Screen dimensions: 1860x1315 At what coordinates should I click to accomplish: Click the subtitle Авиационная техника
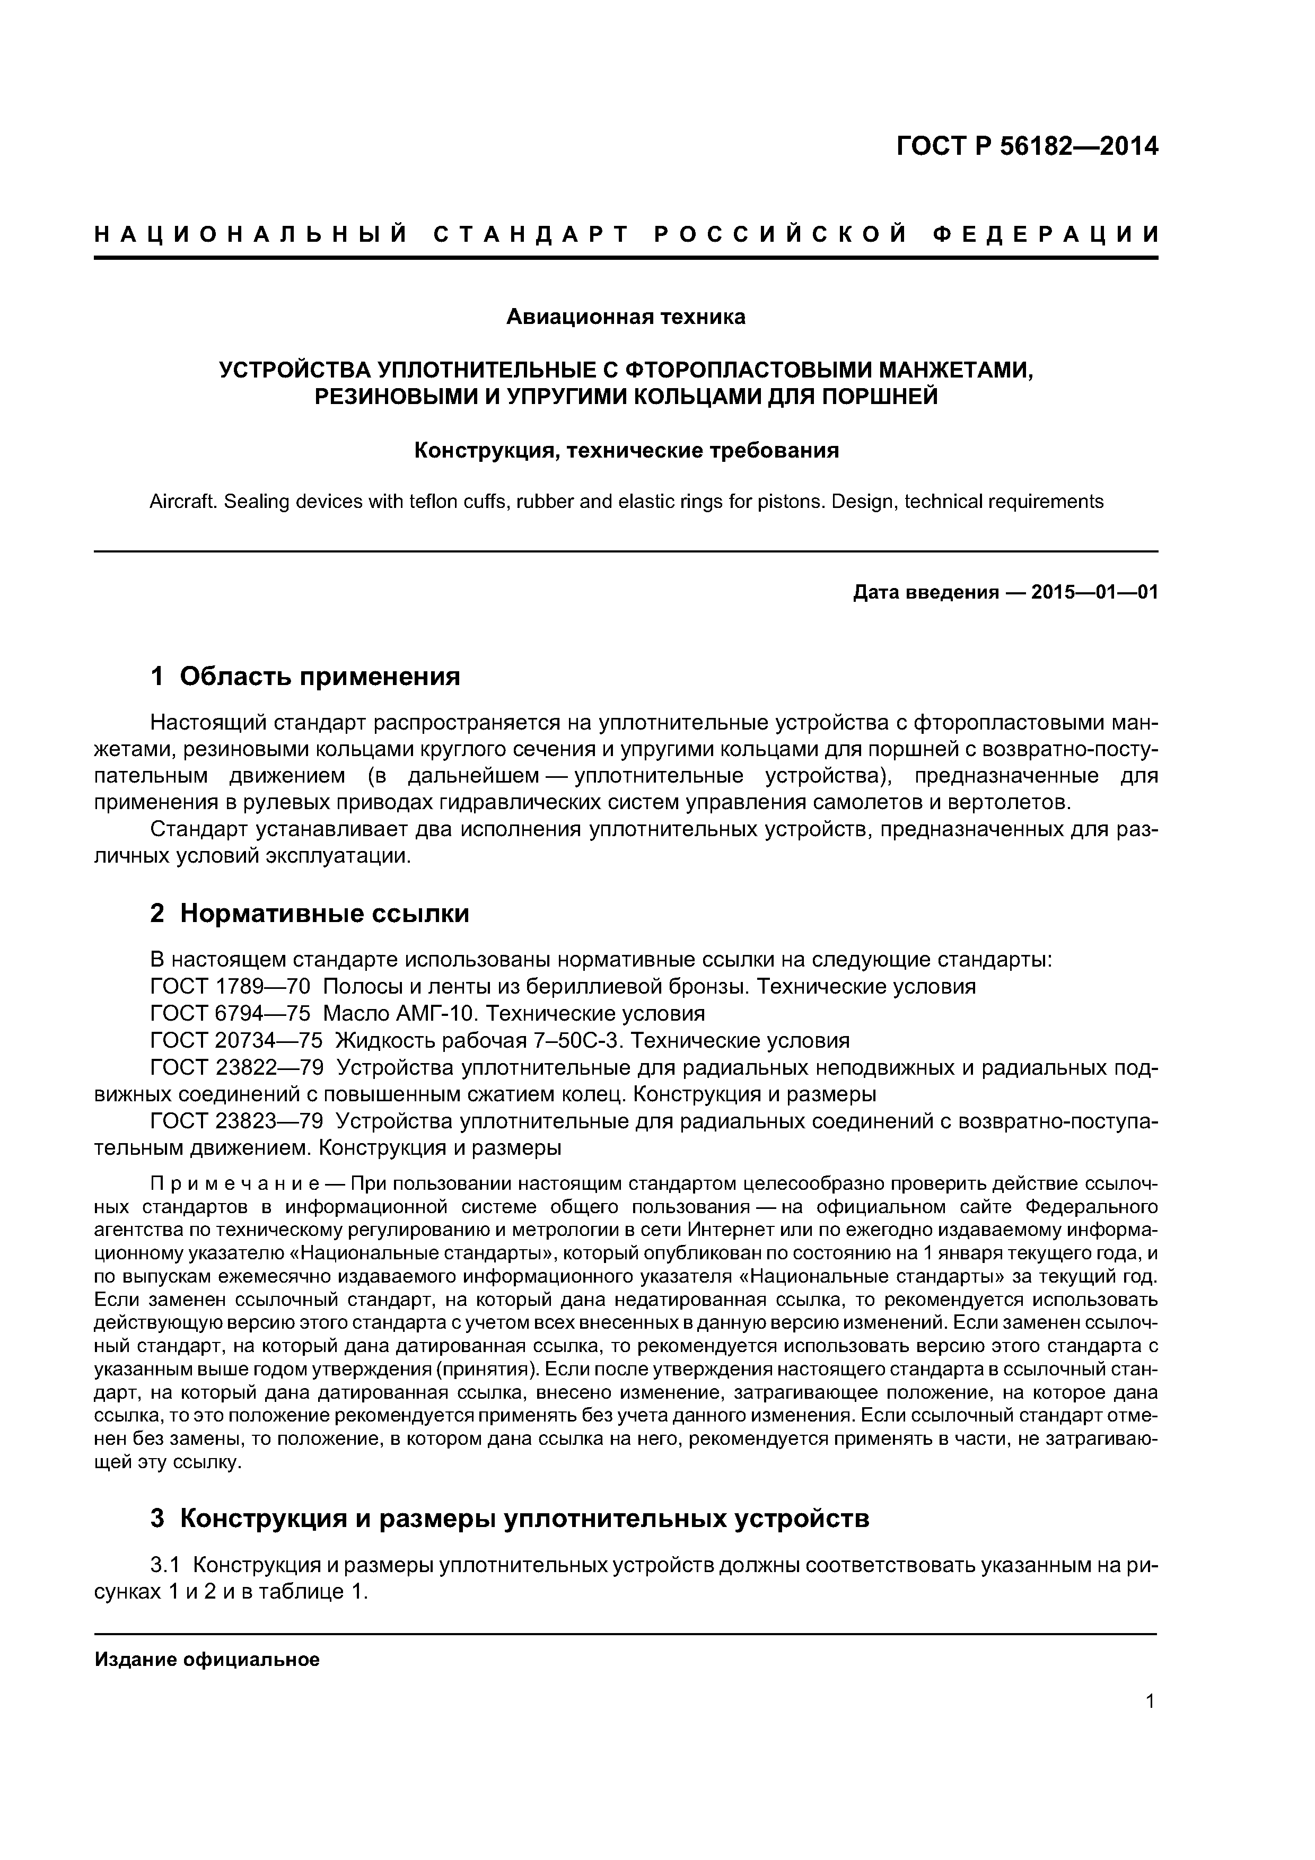(x=626, y=317)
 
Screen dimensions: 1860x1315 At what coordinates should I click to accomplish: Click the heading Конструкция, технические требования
(x=626, y=450)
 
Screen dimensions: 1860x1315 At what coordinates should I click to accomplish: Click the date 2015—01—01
(x=1094, y=593)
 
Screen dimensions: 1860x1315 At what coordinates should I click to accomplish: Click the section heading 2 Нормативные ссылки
(x=310, y=913)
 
